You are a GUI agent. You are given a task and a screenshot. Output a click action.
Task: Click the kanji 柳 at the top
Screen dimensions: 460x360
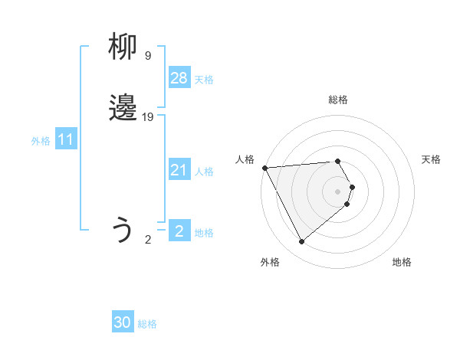click(123, 47)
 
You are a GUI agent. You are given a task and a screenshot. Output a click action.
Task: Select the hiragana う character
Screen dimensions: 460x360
click(123, 230)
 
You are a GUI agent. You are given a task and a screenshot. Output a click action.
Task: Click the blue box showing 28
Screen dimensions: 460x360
click(179, 77)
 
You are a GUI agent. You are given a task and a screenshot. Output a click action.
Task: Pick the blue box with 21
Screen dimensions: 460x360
click(179, 170)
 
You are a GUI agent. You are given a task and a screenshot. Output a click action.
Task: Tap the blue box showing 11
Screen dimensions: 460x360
click(66, 139)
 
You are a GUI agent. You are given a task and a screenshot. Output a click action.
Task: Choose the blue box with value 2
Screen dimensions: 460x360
click(179, 231)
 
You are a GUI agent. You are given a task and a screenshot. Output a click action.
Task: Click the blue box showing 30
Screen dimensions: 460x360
click(123, 322)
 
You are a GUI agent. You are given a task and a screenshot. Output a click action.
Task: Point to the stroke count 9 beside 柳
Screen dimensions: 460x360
click(147, 55)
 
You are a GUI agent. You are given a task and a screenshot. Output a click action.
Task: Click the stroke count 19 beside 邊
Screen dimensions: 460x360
click(149, 116)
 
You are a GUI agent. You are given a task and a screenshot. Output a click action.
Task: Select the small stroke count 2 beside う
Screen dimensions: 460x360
click(148, 239)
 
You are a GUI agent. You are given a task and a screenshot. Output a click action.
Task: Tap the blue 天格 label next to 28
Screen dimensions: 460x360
click(204, 80)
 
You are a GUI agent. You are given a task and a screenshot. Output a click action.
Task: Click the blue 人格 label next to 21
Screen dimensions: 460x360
click(204, 172)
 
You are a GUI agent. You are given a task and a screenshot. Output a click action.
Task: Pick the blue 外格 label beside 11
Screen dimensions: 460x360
click(41, 141)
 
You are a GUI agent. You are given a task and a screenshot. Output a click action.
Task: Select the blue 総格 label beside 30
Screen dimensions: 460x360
click(147, 324)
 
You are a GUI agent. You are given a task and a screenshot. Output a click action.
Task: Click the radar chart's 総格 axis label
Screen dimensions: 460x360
click(338, 100)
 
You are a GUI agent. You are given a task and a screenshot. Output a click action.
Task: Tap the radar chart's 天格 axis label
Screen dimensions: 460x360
click(431, 159)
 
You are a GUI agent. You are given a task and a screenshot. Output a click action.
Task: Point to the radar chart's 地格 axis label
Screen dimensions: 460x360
click(402, 262)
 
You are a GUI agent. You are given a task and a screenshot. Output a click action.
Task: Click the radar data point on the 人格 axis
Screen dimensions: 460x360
click(264, 167)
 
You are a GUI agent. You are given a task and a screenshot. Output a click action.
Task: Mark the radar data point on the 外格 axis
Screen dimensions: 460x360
click(301, 242)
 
